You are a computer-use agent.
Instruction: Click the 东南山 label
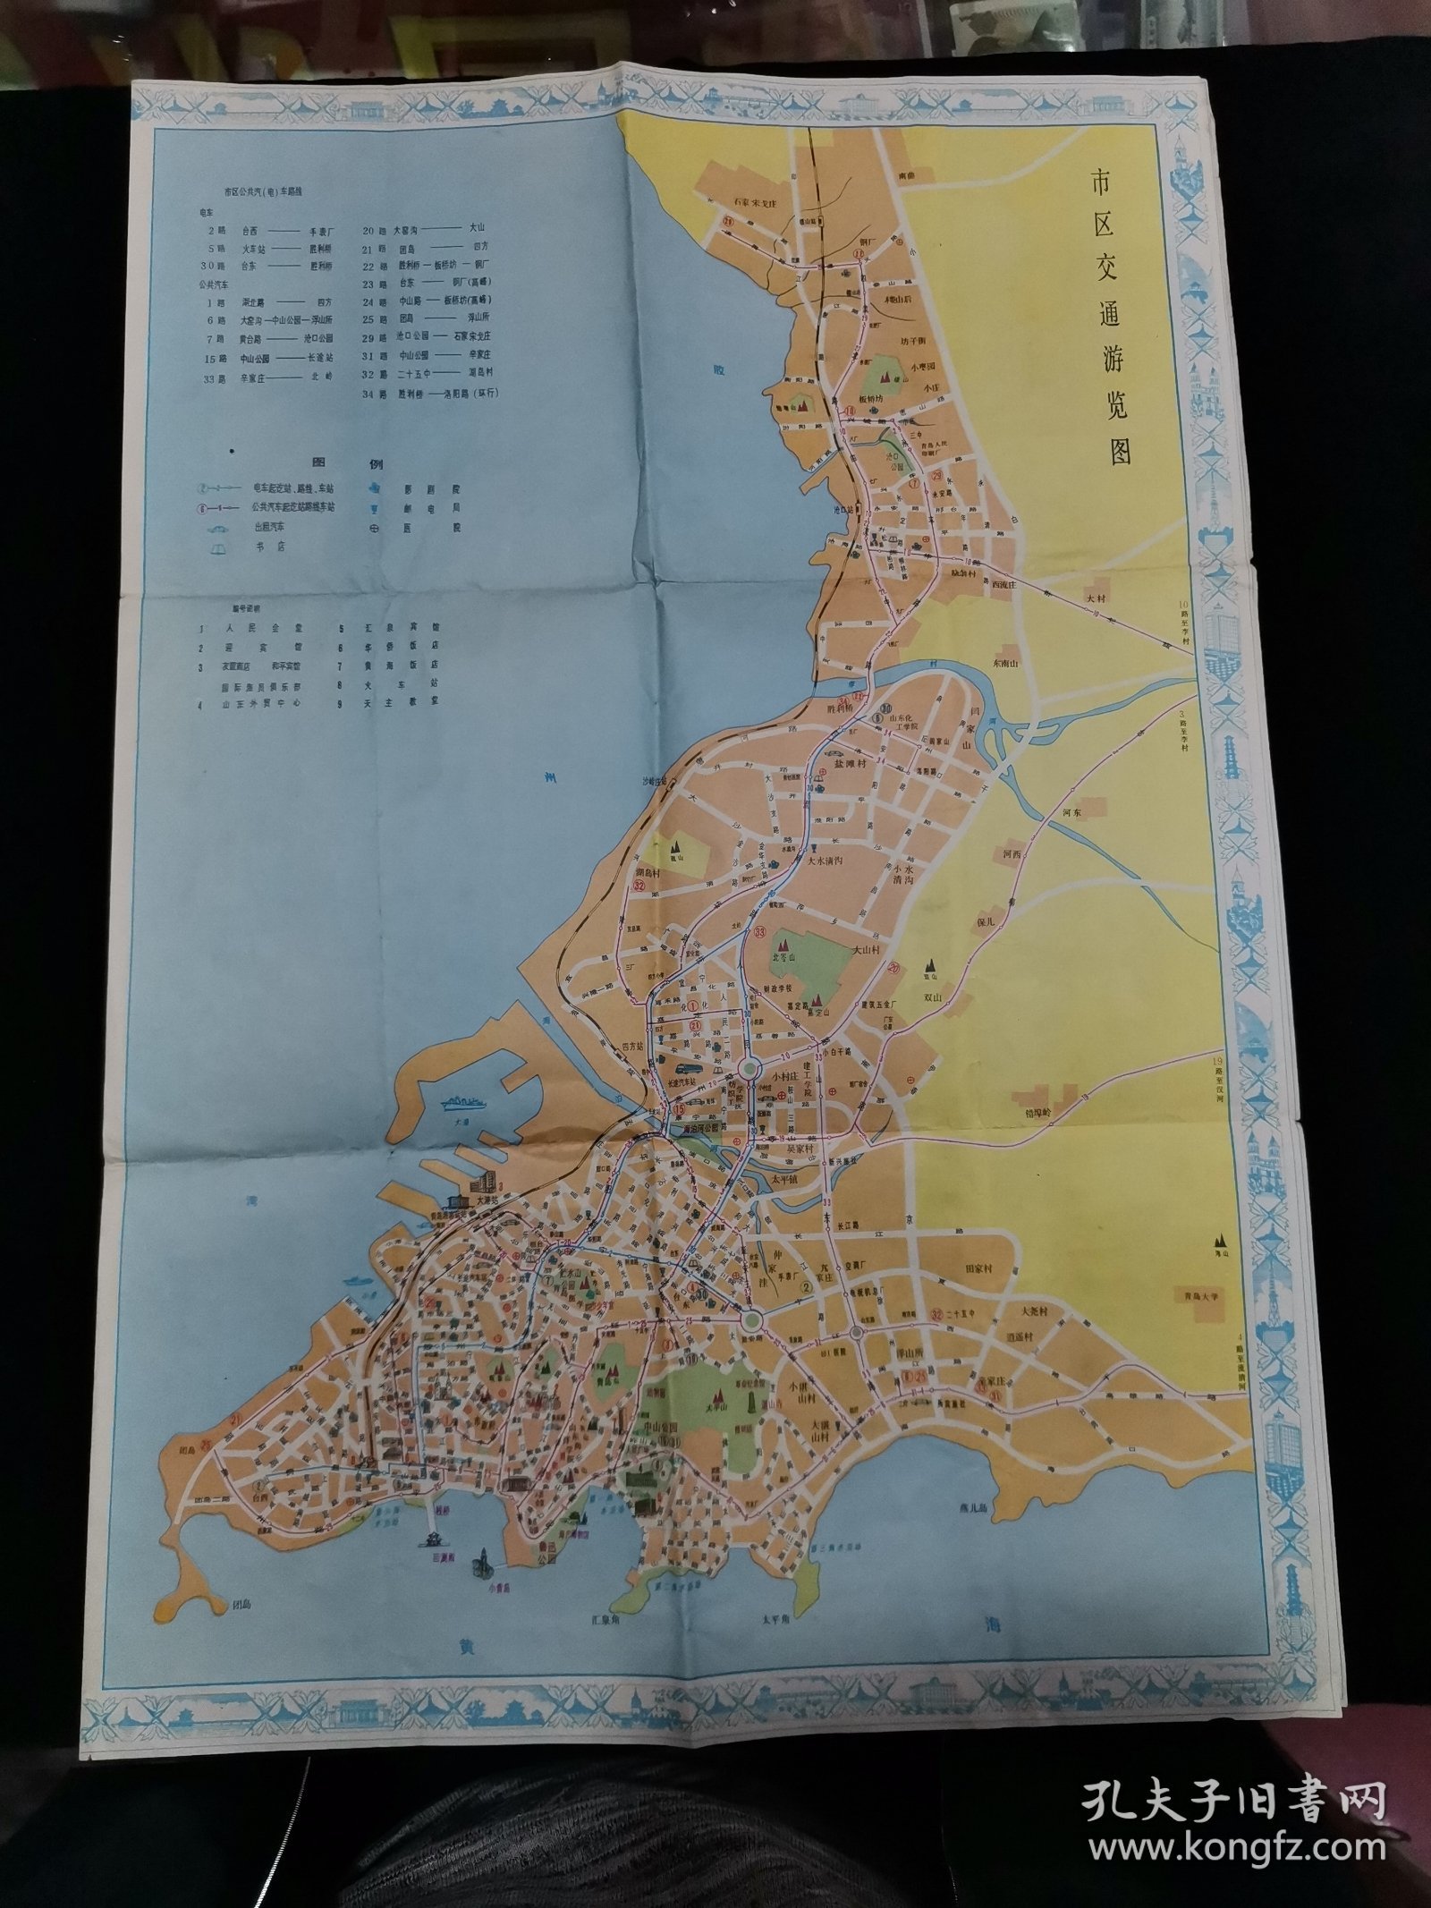click(x=1007, y=663)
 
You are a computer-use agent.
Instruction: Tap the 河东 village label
click(x=1071, y=812)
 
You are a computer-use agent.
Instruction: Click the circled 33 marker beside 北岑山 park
click(x=759, y=933)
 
